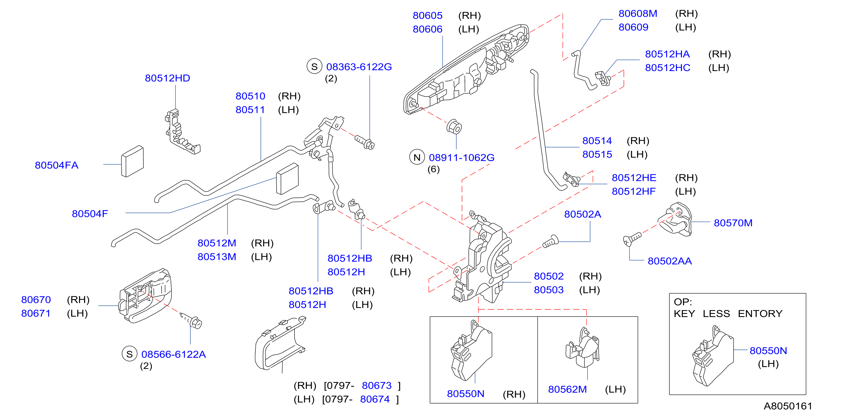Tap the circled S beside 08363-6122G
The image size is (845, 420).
click(x=314, y=67)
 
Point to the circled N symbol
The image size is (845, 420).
click(x=417, y=157)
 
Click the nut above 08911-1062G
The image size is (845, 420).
click(x=454, y=127)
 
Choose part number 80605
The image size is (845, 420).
click(x=427, y=15)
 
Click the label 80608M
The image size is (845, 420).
click(x=638, y=14)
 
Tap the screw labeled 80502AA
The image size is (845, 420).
click(x=632, y=239)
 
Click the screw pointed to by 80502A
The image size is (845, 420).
click(x=551, y=241)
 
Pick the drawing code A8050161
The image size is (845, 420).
click(x=788, y=406)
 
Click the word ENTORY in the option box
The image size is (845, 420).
click(x=760, y=314)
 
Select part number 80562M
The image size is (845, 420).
click(x=567, y=389)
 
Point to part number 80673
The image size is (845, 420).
click(x=377, y=385)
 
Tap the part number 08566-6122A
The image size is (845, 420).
click(x=173, y=354)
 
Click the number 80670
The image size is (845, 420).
click(x=36, y=300)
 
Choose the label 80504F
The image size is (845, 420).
click(x=90, y=214)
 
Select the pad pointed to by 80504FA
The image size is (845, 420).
click(x=132, y=161)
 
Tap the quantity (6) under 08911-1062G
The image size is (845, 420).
click(x=433, y=169)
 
